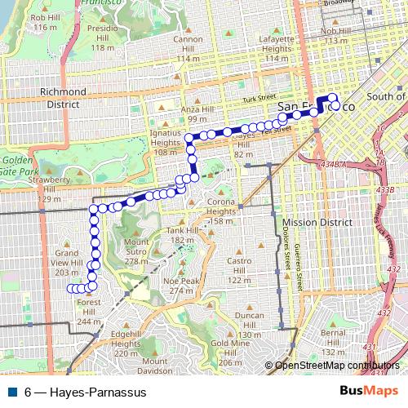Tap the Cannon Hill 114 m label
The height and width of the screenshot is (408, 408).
(188, 49)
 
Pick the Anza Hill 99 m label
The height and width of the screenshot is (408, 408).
(197, 114)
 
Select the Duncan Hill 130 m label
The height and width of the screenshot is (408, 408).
(248, 325)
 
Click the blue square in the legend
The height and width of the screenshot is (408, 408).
(11, 392)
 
